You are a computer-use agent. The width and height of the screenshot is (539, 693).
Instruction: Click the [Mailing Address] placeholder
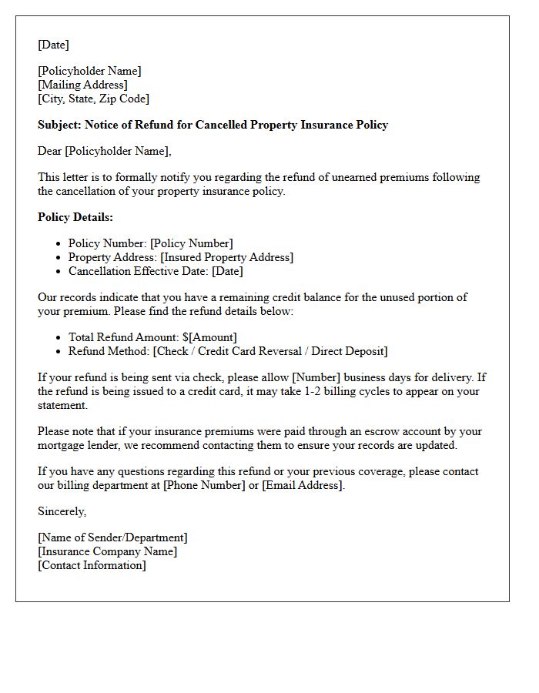(x=82, y=85)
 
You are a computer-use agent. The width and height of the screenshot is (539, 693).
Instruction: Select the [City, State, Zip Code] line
(x=93, y=99)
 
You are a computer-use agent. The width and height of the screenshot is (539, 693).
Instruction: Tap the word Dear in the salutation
(x=50, y=151)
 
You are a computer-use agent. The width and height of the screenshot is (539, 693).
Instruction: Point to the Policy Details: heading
(x=75, y=217)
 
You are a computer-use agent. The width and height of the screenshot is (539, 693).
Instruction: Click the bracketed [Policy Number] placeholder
(x=192, y=243)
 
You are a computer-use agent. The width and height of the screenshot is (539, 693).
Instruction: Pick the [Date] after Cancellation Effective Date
(x=227, y=271)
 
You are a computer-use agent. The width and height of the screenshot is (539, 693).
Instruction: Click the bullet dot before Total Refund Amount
(x=60, y=337)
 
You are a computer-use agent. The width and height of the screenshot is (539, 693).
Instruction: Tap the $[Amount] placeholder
(x=209, y=337)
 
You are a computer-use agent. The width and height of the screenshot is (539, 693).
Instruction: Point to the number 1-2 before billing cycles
(x=306, y=391)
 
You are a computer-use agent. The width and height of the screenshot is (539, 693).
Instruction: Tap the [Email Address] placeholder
(x=301, y=485)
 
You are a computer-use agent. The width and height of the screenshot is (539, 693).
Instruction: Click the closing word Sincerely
(x=62, y=511)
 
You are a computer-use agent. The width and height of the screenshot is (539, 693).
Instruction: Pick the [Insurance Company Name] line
(x=107, y=551)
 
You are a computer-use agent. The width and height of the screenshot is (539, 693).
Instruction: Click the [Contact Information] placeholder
(x=92, y=565)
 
